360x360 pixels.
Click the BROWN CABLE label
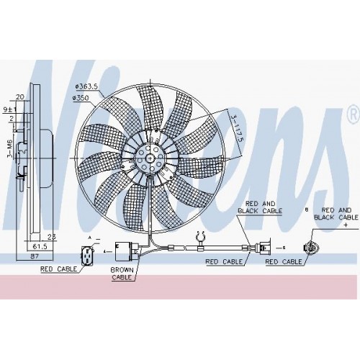[122, 273]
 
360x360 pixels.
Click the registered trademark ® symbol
[352, 114]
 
